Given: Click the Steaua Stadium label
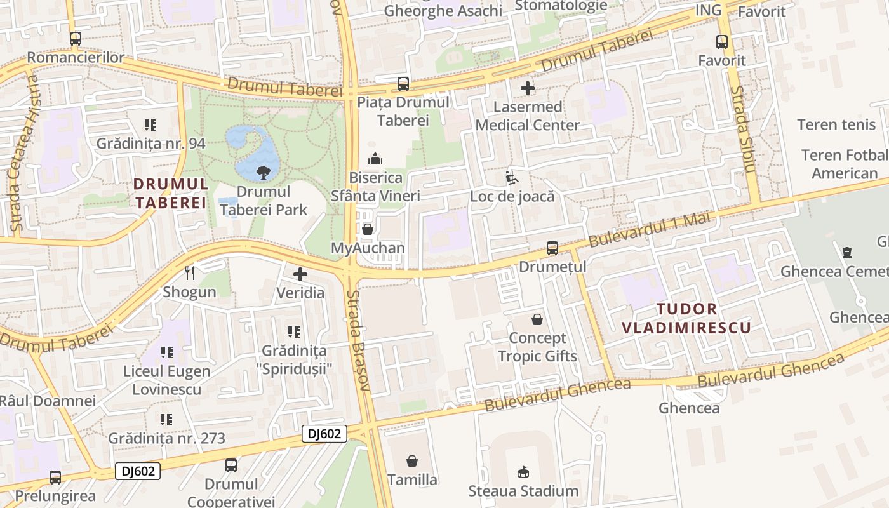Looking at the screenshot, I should tap(523, 491).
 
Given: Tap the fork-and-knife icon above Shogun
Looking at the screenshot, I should tap(190, 273).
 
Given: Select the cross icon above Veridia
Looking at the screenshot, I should tap(300, 274).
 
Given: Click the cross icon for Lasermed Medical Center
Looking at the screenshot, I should tap(527, 88).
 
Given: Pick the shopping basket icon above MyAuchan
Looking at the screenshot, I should tap(367, 229).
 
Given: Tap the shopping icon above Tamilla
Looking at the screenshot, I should tap(412, 460).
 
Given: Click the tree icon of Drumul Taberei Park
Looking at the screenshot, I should tap(263, 172).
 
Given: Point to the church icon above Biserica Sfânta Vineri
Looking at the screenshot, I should tap(375, 159).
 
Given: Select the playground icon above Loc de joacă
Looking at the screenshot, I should tap(512, 178).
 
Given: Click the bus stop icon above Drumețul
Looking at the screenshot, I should tap(552, 248).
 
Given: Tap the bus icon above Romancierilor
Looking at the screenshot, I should tap(75, 39).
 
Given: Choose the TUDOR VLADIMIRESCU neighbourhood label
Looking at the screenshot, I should tap(686, 318).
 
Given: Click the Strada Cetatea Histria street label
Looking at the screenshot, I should tap(24, 152).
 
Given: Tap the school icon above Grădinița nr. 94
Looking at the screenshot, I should tap(150, 125).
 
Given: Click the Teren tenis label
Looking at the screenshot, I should tap(836, 124).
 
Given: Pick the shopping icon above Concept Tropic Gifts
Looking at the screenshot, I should tap(537, 319).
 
